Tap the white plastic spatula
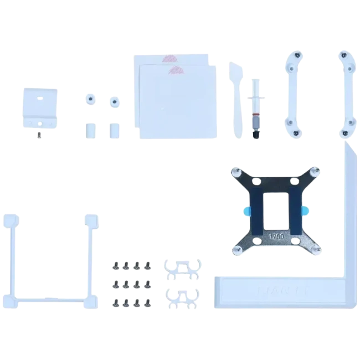pyautogui.click(x=234, y=100)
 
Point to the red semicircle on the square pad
pyautogui.click(x=176, y=70)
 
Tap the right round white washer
pyautogui.click(x=114, y=101)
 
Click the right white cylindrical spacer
pyautogui.click(x=114, y=130)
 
